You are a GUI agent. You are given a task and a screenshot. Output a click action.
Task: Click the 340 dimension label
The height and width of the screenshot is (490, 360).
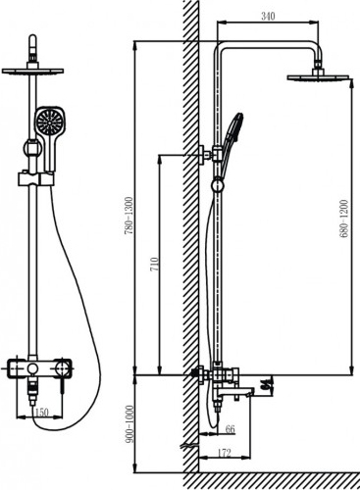pos(268,16)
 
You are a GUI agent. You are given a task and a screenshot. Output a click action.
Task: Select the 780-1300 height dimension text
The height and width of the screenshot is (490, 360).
pos(129,216)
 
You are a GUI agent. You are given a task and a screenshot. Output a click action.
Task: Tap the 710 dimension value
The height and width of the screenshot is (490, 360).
pos(154,265)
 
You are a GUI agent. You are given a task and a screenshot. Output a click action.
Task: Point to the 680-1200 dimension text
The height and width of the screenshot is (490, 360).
pos(344,219)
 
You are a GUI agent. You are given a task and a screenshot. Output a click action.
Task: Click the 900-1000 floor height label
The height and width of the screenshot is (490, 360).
pos(129,424)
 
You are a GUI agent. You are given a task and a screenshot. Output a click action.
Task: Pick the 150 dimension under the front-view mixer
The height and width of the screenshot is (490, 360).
pos(41,413)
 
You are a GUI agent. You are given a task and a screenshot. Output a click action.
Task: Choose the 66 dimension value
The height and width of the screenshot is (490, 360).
pos(231,429)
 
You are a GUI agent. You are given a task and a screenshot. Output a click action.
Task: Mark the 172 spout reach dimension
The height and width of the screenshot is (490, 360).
pos(224,453)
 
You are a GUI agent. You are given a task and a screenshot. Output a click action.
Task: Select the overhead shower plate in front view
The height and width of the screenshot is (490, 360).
pos(32,71)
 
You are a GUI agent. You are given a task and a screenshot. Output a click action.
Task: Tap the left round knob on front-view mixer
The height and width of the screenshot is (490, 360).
pos(32,368)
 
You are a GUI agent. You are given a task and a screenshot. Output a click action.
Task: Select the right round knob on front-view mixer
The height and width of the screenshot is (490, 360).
pos(61,368)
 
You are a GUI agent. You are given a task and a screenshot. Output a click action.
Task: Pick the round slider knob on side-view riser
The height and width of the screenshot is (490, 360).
pos(218,185)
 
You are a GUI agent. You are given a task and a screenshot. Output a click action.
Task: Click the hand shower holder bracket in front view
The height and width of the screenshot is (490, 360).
pos(35,179)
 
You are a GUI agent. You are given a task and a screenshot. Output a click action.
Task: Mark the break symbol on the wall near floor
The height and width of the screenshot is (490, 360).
pos(189,445)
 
